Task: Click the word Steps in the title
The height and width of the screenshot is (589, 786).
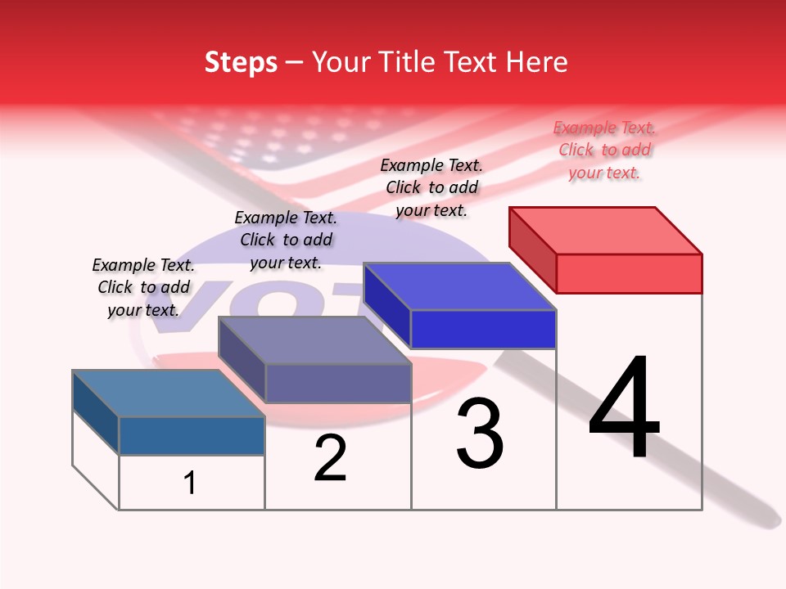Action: coord(241,62)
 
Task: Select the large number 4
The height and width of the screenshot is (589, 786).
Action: coord(624,409)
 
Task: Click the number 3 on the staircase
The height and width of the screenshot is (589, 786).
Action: coord(480,434)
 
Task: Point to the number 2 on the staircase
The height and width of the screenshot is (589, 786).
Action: coord(330,458)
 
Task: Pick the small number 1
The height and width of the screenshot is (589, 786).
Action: coord(190,483)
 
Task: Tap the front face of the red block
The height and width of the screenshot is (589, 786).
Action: coord(629,273)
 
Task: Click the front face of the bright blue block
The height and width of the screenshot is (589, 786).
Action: coord(483,329)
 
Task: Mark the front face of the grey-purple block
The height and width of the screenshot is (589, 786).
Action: coord(337,383)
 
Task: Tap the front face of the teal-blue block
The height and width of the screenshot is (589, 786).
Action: coord(192,436)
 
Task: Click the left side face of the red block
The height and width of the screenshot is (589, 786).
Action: coord(532,249)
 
